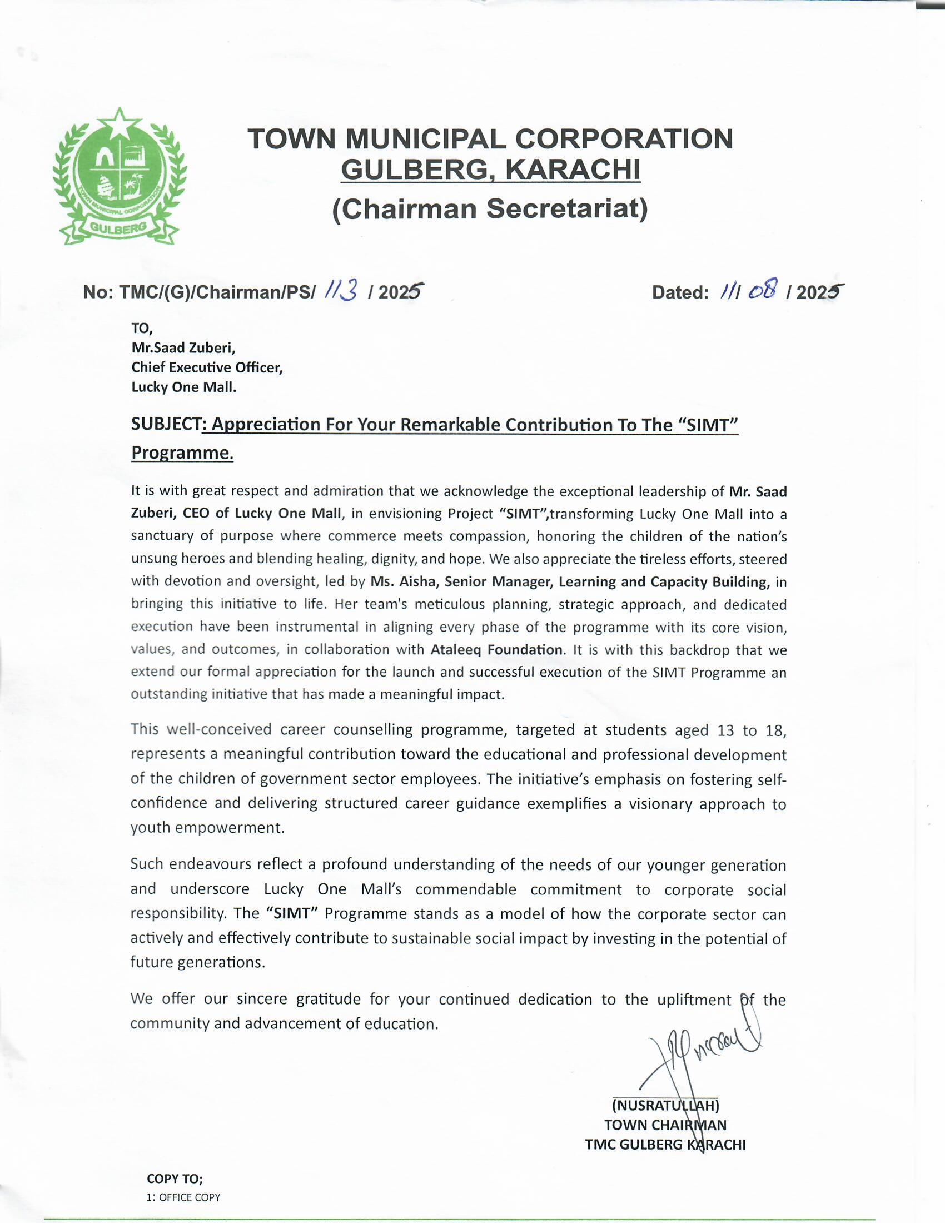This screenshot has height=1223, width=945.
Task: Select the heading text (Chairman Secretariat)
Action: (490, 209)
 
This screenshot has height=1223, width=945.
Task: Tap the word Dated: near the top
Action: (681, 292)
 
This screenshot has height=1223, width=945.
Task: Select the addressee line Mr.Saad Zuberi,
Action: (183, 348)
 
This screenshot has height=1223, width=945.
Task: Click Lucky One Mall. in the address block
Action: (183, 387)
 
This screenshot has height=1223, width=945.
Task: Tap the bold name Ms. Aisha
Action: (404, 582)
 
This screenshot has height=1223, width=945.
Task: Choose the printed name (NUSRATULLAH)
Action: (665, 1105)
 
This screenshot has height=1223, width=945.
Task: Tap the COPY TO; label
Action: (175, 1178)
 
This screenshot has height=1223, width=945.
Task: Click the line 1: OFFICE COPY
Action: (183, 1197)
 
